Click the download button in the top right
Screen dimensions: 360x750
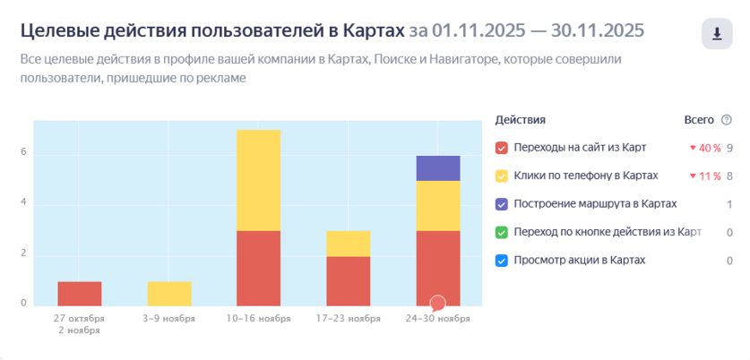click(717, 34)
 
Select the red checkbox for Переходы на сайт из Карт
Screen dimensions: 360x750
click(502, 148)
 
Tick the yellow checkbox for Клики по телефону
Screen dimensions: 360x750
click(502, 176)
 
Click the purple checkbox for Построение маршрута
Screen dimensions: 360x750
click(502, 204)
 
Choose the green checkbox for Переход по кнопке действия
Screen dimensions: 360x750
click(502, 233)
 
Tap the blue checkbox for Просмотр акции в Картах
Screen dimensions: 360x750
click(502, 261)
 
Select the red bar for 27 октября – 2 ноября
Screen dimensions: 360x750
click(79, 294)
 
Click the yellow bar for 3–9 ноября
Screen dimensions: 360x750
click(168, 294)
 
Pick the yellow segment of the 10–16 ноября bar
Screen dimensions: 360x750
click(258, 180)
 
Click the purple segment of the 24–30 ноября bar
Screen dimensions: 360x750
click(437, 167)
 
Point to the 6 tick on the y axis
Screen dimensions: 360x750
click(24, 153)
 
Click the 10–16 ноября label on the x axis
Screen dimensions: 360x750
click(258, 318)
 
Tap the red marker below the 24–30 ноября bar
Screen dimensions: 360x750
click(437, 304)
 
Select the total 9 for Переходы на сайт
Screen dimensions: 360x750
click(730, 148)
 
